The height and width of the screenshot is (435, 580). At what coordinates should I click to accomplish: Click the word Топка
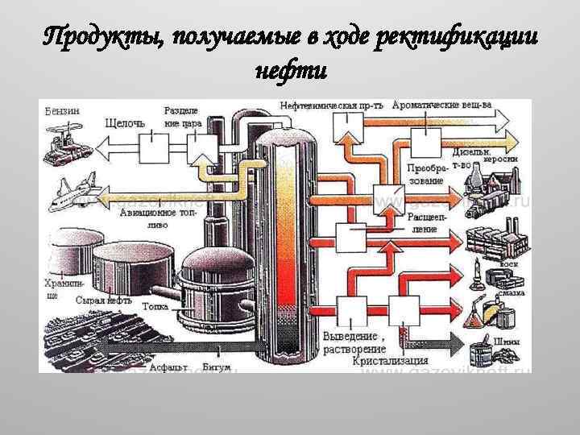[x=155, y=306]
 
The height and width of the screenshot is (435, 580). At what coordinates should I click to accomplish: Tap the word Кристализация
[x=390, y=362]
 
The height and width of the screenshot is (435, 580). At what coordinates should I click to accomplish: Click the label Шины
[x=508, y=342]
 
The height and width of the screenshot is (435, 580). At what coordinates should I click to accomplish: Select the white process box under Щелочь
[x=152, y=148]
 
